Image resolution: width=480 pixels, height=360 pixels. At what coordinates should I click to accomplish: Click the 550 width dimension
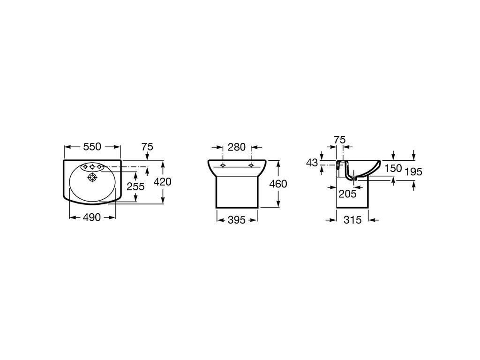[x=92, y=147]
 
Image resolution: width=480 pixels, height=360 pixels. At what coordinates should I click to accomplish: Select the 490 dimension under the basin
[x=92, y=217]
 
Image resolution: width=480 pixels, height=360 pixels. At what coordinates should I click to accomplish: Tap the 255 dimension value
[x=135, y=186]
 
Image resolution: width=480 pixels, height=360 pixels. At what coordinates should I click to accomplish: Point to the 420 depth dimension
[x=163, y=182]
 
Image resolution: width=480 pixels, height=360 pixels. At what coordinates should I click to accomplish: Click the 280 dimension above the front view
[x=237, y=147]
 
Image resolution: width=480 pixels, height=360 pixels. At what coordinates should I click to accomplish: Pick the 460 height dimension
[x=278, y=184]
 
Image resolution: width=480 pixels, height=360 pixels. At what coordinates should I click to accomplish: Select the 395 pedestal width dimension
[x=237, y=220]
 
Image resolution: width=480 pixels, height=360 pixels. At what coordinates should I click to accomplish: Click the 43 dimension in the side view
[x=312, y=163]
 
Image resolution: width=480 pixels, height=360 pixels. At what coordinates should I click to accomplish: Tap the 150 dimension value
[x=393, y=168]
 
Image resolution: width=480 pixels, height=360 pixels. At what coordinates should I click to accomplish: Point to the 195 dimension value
[x=413, y=172]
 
